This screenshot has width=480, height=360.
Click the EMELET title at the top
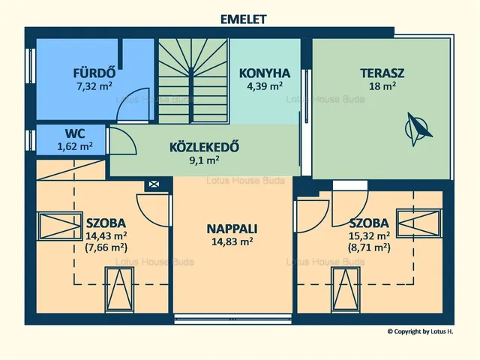[242, 18]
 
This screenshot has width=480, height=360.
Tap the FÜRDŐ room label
[94, 73]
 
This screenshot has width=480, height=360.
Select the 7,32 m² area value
[94, 85]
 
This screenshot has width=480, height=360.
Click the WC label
[64, 135]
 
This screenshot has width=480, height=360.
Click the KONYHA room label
[265, 73]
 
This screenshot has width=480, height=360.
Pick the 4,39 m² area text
[265, 85]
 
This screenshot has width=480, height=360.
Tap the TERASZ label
[382, 73]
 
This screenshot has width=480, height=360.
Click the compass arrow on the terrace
[419, 127]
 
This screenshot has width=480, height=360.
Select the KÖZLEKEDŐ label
[204, 147]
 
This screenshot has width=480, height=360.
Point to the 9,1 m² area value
[204, 159]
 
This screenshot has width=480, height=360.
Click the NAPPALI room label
[232, 229]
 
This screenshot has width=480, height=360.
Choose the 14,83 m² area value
[232, 241]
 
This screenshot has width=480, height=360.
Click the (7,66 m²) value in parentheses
[106, 247]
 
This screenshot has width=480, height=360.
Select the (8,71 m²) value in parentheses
[368, 247]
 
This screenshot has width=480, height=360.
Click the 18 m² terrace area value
[382, 85]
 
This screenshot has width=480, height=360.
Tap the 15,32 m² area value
[368, 235]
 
